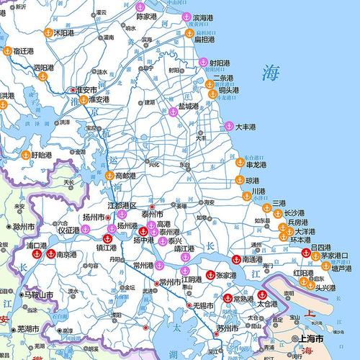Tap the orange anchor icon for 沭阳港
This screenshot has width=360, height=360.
[x=48, y=32]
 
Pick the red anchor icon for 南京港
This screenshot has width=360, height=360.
[x=50, y=253]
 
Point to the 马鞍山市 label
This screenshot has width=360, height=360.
[x=38, y=295]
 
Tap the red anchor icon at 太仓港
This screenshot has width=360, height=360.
[x=262, y=294]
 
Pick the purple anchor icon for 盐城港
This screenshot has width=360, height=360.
[x=173, y=107]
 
